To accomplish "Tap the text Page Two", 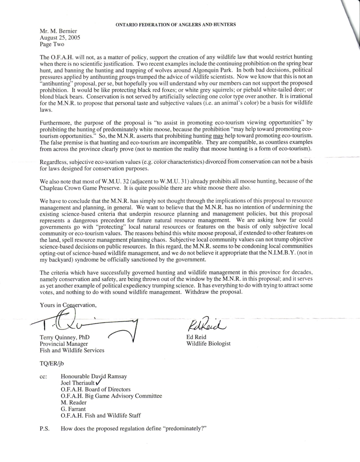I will click(52, 45).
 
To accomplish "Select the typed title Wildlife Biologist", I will click(208, 344).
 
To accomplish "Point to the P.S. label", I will click(45, 427).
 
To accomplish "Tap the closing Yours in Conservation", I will click(68, 305).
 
